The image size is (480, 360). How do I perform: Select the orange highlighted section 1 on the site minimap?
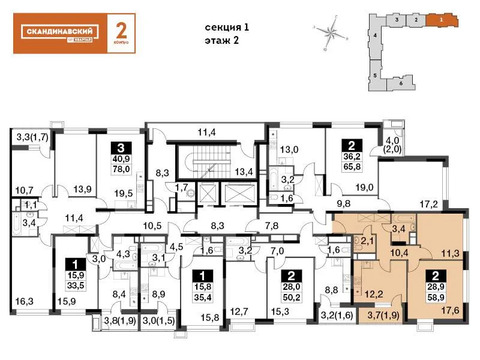[x=435, y=18]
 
